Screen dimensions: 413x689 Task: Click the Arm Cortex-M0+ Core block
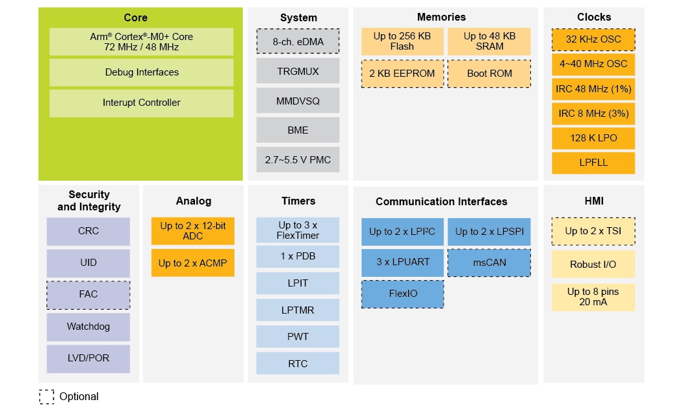[141, 42]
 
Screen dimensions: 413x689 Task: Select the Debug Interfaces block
[141, 72]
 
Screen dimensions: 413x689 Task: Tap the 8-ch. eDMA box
[298, 41]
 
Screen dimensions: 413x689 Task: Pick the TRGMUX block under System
[298, 71]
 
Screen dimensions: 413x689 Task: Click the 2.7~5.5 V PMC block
[298, 159]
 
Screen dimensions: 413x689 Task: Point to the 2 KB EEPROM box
[402, 74]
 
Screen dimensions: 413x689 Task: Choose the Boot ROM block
[489, 74]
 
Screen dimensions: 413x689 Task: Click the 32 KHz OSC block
[593, 39]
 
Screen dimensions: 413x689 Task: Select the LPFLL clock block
[593, 163]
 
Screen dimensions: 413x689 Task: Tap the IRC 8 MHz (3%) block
[593, 114]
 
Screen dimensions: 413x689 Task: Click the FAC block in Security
[88, 294]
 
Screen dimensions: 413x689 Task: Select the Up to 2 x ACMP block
[192, 263]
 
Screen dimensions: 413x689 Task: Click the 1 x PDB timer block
[298, 256]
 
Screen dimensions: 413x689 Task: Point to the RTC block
[298, 363]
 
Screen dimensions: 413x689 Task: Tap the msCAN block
[489, 263]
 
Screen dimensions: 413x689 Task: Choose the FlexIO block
[402, 294]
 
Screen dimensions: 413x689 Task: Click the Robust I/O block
[593, 265]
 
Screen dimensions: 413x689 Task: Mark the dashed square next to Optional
[46, 396]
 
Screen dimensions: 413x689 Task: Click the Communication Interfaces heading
[441, 202]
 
